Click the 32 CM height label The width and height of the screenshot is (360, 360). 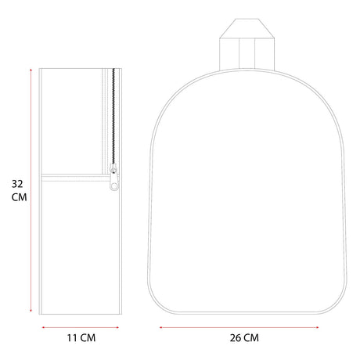click(x=19, y=191)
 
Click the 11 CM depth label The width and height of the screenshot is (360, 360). click(x=81, y=338)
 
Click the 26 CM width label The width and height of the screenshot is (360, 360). click(x=244, y=338)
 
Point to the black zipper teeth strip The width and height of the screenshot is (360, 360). click(x=113, y=117)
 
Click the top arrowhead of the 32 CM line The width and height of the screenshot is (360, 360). click(x=31, y=70)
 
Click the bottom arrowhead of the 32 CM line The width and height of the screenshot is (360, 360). click(x=31, y=311)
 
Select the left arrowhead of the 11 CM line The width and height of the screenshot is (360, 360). click(x=44, y=327)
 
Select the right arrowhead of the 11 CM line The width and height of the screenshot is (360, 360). click(x=117, y=327)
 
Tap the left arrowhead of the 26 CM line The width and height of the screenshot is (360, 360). click(x=161, y=327)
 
